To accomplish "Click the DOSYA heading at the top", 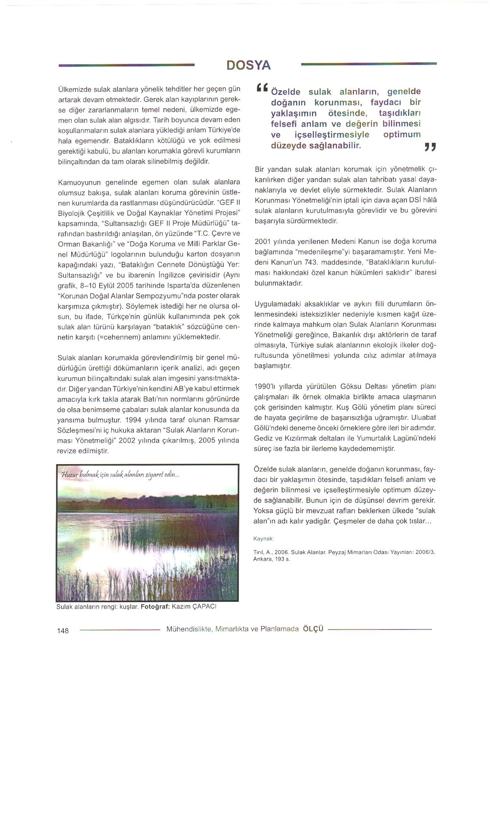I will pyautogui.click(x=248, y=65).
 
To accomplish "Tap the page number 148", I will pyautogui.click(x=62, y=631).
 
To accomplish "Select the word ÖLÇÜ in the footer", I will pyautogui.click(x=313, y=629).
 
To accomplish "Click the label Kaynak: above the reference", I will pyautogui.click(x=263, y=539).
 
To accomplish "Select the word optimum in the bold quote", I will pyautogui.click(x=402, y=135).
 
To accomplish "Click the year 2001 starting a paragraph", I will pyautogui.click(x=263, y=241).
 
